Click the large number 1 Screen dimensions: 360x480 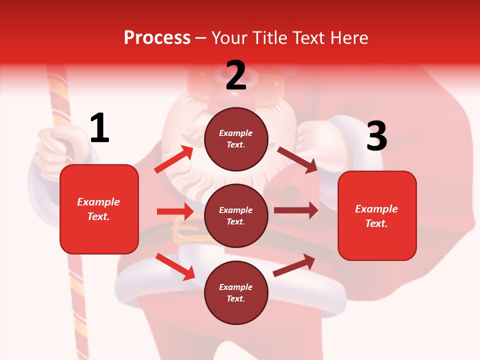pos(99,128)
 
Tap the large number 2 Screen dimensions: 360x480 pos(236,75)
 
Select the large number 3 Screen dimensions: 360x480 pos(377,136)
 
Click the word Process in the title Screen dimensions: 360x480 pos(157,37)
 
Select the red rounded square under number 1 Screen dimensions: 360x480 pos(99,209)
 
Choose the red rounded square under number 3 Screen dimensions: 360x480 pos(377,216)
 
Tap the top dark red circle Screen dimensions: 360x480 pos(236,139)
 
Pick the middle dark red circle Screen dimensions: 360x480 pos(236,215)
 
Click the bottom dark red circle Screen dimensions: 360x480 pos(236,292)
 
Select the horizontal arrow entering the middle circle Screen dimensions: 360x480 pos(175,211)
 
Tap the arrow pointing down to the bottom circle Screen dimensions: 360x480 pos(175,266)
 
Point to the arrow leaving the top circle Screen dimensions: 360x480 pos(297,159)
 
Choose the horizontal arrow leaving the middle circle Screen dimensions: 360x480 pos(296,210)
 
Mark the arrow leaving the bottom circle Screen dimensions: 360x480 pos(294,265)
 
